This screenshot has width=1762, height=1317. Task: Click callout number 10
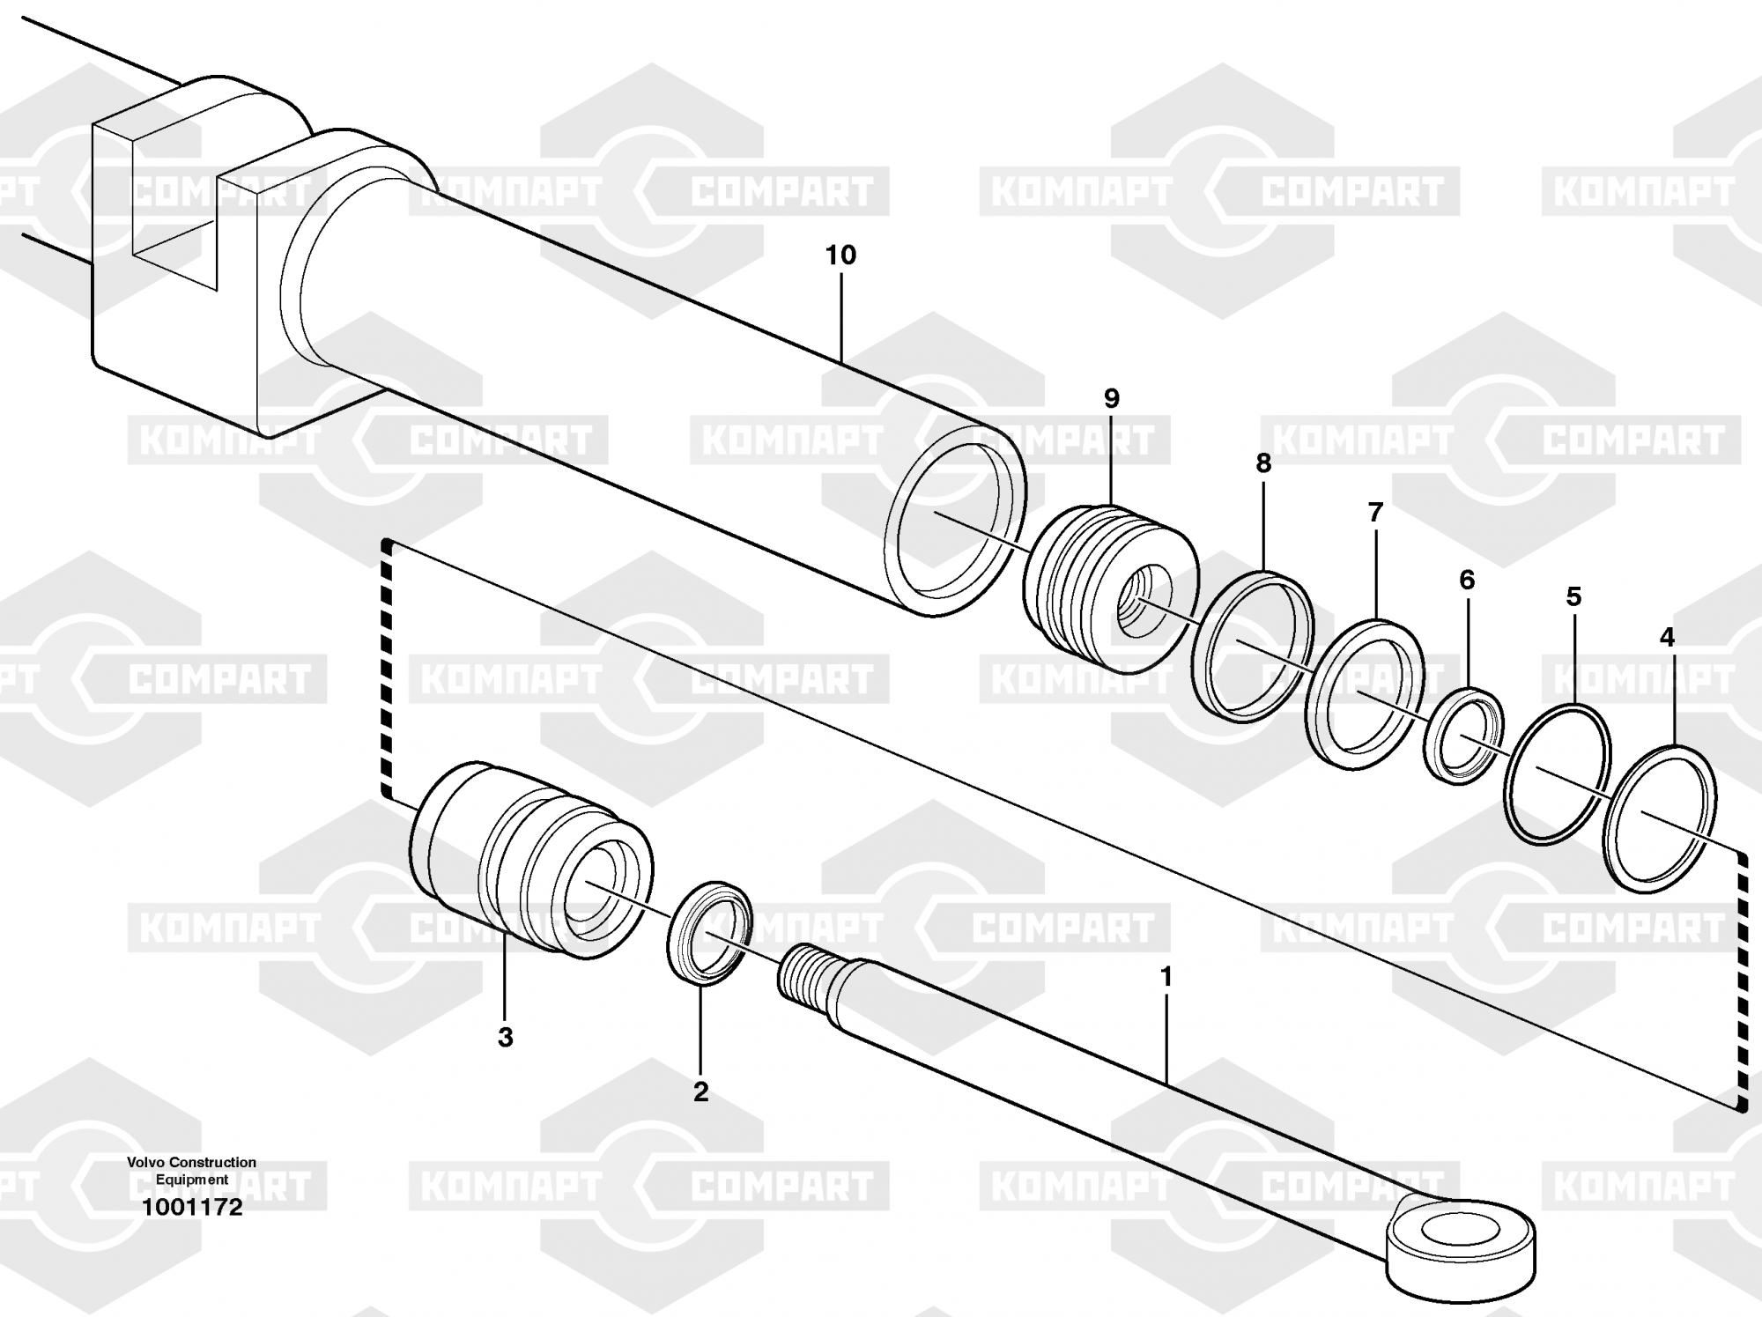coord(840,255)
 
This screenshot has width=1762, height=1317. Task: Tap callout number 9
coord(1112,399)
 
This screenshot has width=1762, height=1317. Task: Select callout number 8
coord(1263,463)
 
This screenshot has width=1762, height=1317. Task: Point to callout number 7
coord(1375,512)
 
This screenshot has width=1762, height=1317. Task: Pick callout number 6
coord(1467,580)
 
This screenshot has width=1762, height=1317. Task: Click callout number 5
coord(1573,596)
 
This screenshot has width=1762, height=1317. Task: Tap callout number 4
coord(1667,637)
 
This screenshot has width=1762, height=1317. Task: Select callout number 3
coord(505,1038)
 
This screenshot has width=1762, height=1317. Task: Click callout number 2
coord(700,1092)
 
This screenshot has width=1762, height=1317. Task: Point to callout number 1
coord(1166,977)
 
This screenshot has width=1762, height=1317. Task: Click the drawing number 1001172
coord(193,1207)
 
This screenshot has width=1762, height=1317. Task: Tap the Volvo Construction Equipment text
coord(191,1171)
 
